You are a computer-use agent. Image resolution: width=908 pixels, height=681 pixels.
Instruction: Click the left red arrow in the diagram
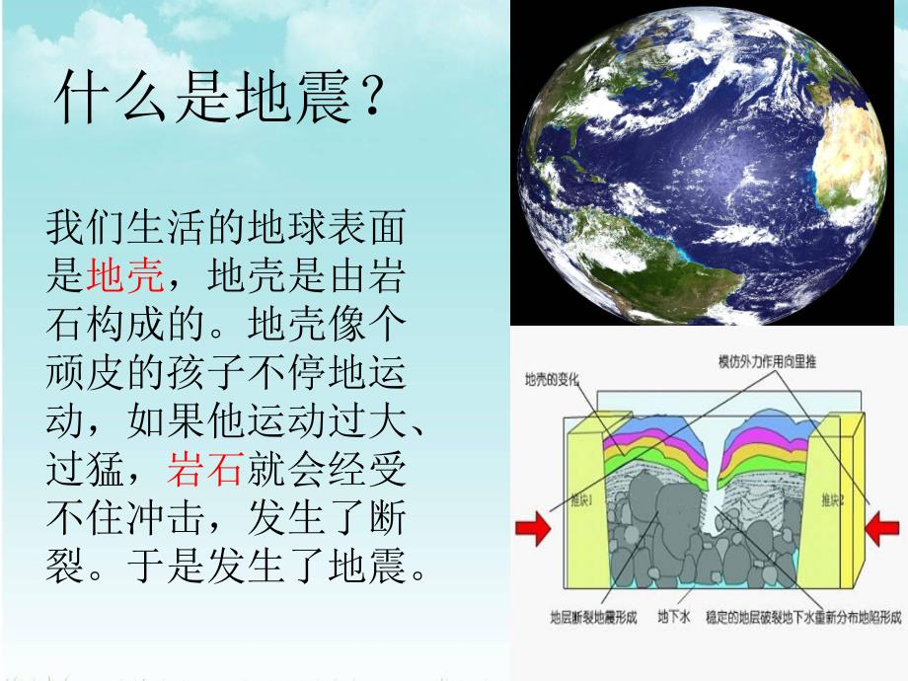534,529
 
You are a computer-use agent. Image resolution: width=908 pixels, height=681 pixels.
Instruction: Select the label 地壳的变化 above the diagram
553,380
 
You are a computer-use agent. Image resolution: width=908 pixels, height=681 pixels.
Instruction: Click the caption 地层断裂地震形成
593,617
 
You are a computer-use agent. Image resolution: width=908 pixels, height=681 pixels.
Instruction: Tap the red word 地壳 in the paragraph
124,277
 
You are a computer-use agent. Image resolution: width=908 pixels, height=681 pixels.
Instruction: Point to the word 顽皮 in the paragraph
85,373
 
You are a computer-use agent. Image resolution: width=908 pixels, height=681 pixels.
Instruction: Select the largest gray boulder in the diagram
651,513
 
